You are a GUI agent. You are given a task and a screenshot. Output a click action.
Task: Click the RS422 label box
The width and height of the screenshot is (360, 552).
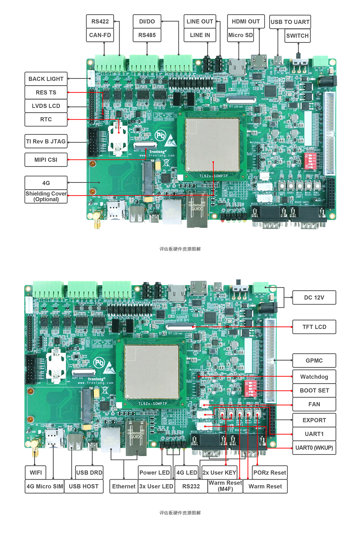tap(100, 21)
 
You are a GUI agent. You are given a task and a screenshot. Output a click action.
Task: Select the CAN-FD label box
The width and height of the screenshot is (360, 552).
tap(100, 35)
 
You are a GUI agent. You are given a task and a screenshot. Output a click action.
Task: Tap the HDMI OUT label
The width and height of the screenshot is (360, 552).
tap(246, 21)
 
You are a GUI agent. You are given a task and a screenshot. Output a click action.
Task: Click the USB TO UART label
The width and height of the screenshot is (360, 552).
tap(290, 22)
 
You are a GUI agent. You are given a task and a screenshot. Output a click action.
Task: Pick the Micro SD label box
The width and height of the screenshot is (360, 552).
tap(240, 35)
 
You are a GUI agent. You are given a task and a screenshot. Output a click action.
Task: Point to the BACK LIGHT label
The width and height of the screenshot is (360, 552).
tap(46, 79)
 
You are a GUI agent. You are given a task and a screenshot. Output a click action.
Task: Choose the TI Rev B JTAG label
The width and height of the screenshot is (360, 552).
tap(46, 141)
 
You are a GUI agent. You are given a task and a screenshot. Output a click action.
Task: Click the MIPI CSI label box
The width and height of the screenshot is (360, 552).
tap(46, 160)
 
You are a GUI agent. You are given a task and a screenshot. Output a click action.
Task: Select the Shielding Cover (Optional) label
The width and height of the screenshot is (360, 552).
tap(46, 196)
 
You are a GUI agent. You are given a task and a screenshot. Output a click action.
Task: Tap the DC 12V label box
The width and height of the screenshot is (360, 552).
tap(314, 297)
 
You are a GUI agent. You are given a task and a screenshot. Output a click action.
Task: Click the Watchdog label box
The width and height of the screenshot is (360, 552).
tap(314, 377)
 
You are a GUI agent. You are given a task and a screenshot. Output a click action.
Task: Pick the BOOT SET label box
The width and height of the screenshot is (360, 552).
tap(314, 390)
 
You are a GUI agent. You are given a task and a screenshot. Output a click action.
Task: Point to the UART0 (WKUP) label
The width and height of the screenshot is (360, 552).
tap(314, 448)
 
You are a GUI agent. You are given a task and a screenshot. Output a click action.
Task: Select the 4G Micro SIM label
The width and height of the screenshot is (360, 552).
tap(45, 486)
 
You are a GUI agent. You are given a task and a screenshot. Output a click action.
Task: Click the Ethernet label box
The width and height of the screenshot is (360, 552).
tap(124, 486)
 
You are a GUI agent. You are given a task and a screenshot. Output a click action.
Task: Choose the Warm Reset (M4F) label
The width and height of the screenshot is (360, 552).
tap(225, 486)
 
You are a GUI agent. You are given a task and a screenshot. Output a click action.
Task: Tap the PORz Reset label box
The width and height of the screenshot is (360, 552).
tap(270, 473)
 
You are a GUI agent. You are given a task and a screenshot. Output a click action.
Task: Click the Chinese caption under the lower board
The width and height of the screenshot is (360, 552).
tap(180, 513)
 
